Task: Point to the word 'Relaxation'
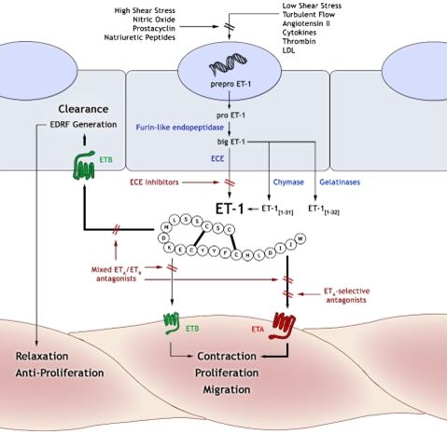[41, 357]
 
